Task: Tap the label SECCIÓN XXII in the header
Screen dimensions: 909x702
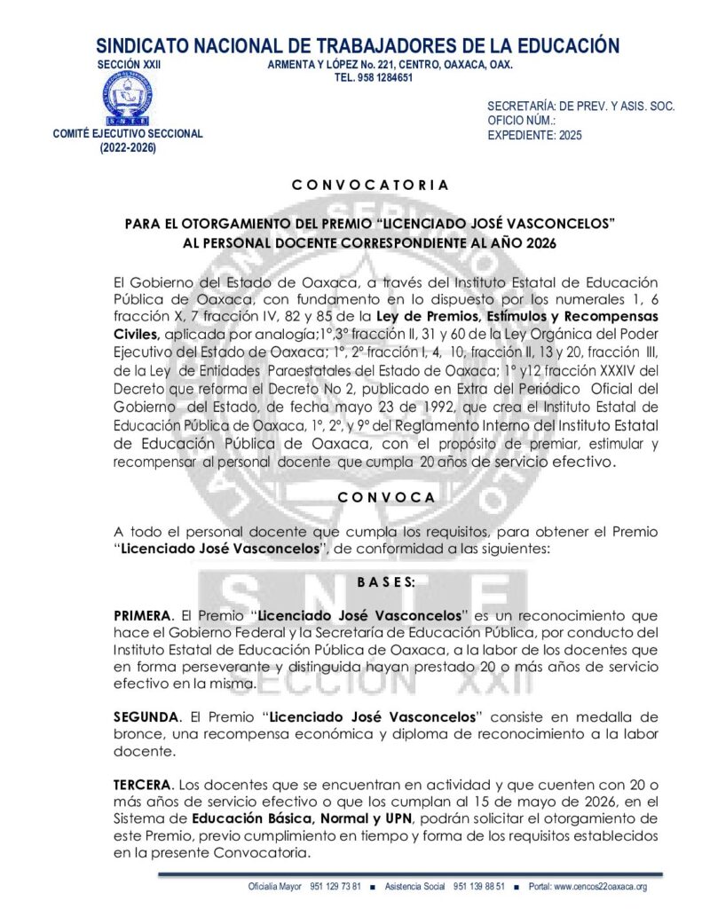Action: coord(129,65)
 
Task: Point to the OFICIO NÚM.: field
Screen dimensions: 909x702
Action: coord(522,121)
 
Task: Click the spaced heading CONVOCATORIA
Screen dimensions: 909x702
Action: coord(370,186)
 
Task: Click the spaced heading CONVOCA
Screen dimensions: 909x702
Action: coord(386,498)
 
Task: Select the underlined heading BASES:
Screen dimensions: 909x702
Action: coord(386,582)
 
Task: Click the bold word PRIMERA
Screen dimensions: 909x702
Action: coord(141,615)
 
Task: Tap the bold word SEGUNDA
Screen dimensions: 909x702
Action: coord(145,716)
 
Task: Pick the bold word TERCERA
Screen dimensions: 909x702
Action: coord(143,785)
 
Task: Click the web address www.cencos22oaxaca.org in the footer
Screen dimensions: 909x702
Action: coord(601,887)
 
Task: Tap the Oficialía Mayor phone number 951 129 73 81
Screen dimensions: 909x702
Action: coord(335,887)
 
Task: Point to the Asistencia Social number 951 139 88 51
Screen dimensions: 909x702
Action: coord(479,887)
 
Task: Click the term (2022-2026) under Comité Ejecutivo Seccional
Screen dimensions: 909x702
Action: coord(128,149)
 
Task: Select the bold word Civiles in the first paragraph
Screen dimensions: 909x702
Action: coord(136,334)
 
